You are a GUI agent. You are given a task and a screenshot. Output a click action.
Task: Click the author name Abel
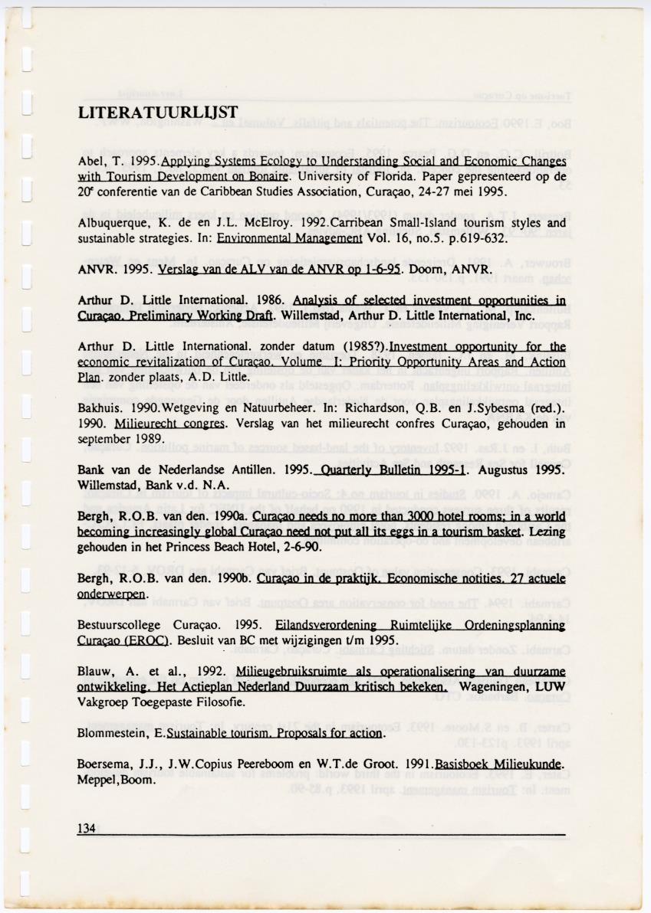(90, 162)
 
